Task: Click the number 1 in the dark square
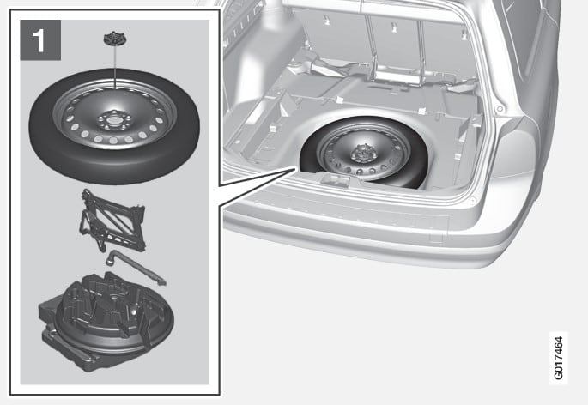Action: pos(39,40)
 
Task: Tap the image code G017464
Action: pos(558,358)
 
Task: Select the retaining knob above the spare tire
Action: pos(114,39)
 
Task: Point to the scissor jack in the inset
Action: pos(112,221)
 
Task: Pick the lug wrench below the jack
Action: pos(136,267)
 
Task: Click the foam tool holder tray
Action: pos(106,321)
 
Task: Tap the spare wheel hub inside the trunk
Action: pos(361,154)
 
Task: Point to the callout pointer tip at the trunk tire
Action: pos(296,169)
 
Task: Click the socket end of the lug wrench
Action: pos(161,281)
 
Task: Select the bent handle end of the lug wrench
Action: pos(111,256)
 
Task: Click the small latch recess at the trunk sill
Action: pos(335,180)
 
